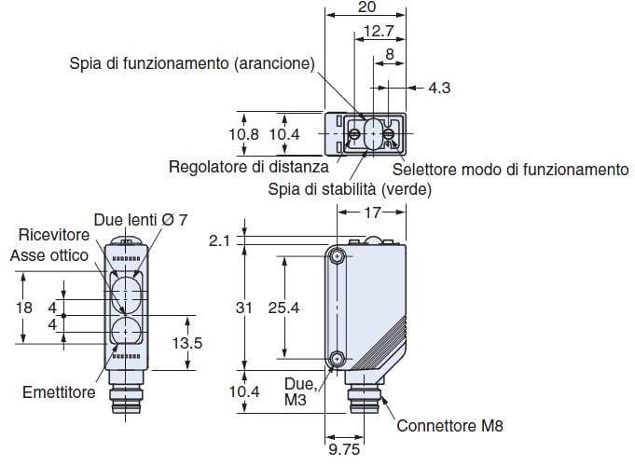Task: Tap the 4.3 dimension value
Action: pyautogui.click(x=439, y=89)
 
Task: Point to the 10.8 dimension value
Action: pyautogui.click(x=244, y=135)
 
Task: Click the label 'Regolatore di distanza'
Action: pyautogui.click(x=249, y=168)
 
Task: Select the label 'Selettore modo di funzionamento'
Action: pyautogui.click(x=510, y=170)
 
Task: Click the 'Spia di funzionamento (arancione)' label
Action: pyautogui.click(x=193, y=63)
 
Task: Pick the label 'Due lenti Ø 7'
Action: pyautogui.click(x=141, y=220)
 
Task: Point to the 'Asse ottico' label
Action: pyautogui.click(x=49, y=254)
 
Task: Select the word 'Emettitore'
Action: pyautogui.click(x=59, y=392)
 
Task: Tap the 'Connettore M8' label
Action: pyautogui.click(x=449, y=427)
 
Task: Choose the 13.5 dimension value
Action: pyautogui.click(x=188, y=343)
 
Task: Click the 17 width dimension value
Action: pyautogui.click(x=371, y=214)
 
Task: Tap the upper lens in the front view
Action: pyautogui.click(x=124, y=291)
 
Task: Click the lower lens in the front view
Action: pyautogui.click(x=124, y=331)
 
